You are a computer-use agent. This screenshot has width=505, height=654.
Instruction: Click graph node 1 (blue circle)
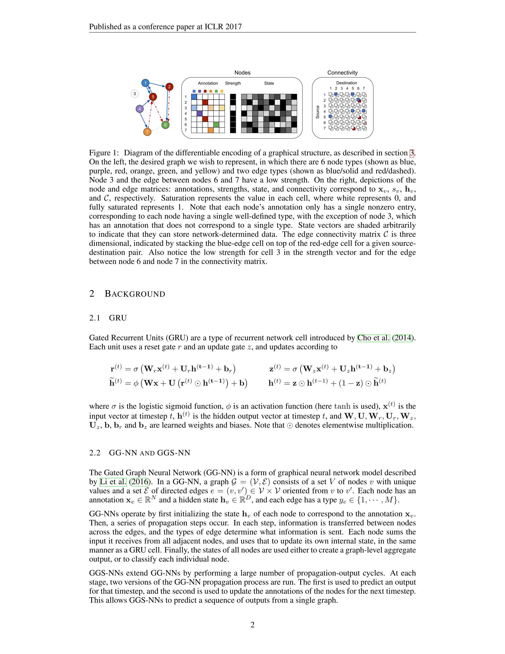(x=145, y=83)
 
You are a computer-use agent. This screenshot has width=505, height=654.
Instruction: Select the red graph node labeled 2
(x=169, y=87)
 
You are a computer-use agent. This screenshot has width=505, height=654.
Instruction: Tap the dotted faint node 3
(x=135, y=94)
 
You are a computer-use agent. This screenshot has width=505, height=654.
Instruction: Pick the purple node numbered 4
(x=140, y=109)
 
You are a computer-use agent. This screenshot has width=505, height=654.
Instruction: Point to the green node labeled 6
(x=165, y=125)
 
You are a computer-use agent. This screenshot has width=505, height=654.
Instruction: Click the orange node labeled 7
(x=147, y=132)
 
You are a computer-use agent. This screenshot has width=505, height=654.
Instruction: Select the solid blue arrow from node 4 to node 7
(x=143, y=120)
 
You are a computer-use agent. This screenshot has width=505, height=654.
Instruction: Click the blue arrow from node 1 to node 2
(x=157, y=85)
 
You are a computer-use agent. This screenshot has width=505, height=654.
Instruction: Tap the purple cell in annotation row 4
(x=200, y=113)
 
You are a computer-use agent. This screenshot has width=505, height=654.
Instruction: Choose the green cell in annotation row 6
(x=216, y=124)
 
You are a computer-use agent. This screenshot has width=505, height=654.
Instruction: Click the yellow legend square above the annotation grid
(x=222, y=91)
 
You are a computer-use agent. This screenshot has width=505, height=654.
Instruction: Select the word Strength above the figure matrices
(x=233, y=83)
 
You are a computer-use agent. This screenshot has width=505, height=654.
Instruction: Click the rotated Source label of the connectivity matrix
(x=318, y=112)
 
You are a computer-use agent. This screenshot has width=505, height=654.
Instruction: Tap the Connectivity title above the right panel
(x=342, y=73)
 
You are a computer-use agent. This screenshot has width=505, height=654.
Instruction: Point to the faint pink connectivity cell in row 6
(x=365, y=123)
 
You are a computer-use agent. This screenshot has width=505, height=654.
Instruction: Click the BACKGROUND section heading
(x=135, y=294)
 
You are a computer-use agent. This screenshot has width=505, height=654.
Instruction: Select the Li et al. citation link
(x=113, y=482)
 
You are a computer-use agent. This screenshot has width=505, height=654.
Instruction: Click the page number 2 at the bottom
(x=252, y=625)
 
